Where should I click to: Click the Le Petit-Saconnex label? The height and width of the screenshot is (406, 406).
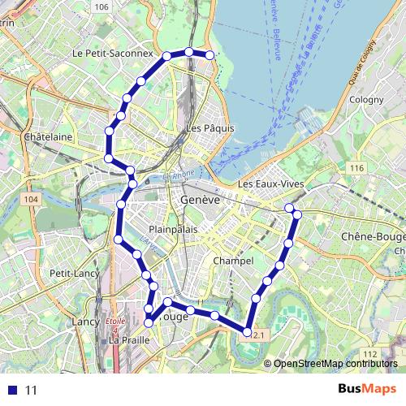pos(112,54)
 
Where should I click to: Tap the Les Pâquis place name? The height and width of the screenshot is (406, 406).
pos(209,128)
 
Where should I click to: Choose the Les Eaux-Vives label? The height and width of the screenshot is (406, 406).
pos(270,185)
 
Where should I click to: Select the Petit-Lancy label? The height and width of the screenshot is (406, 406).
pos(74,273)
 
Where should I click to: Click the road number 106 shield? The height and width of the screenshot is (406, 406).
pos(101,7)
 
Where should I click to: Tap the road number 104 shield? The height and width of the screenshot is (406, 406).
pos(32,199)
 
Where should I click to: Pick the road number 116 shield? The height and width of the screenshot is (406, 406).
pos(355,167)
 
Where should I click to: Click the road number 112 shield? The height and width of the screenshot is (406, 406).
pos(369,354)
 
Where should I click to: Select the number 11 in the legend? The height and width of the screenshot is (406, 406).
pos(32,390)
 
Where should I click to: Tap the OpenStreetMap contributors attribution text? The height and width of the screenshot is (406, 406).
pos(335,364)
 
